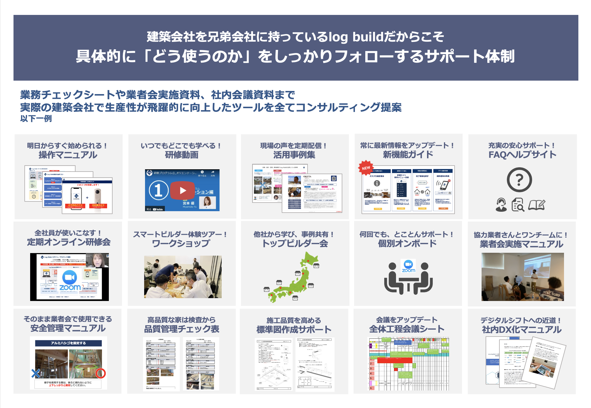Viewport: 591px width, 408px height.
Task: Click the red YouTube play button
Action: [x=183, y=190]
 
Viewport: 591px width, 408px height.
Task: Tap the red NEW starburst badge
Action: [x=366, y=168]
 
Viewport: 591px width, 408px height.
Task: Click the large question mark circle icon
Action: [x=519, y=180]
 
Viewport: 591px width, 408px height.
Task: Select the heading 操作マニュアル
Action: [x=68, y=155]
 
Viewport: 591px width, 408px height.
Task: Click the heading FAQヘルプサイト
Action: [x=522, y=155]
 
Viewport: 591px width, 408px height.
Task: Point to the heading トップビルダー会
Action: [x=295, y=243]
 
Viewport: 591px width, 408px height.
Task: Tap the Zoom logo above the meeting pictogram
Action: [x=408, y=266]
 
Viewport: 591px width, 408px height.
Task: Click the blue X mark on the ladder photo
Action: [x=36, y=373]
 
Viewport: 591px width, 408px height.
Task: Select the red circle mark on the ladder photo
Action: [x=101, y=373]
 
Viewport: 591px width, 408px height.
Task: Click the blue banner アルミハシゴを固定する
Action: [x=68, y=343]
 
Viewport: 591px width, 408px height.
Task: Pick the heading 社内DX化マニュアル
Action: [x=522, y=330]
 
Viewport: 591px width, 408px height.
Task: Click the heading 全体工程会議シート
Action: [x=407, y=329]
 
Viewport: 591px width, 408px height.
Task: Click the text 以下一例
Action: [x=36, y=118]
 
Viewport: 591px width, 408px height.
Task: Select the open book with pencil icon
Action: [x=536, y=205]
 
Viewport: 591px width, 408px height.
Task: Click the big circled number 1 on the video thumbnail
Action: [x=158, y=190]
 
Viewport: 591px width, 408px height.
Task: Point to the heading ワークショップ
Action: [x=181, y=243]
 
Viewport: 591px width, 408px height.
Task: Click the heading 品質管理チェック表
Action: [x=181, y=329]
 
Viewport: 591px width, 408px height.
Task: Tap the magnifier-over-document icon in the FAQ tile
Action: [x=518, y=205]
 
